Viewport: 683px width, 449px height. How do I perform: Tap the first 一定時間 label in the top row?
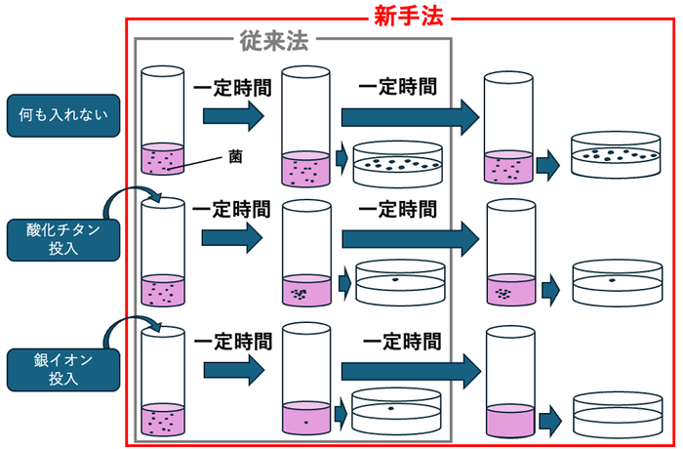231,86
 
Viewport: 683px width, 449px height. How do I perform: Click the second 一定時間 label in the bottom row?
401,343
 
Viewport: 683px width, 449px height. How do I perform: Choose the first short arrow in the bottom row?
234,370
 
